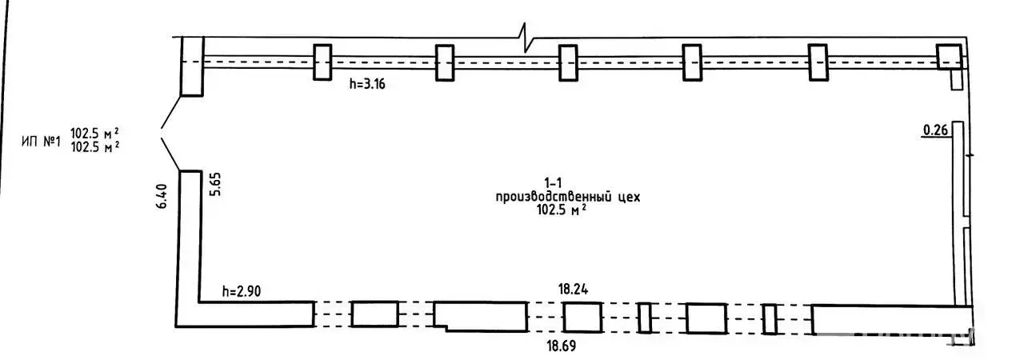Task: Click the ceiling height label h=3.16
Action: click(x=367, y=84)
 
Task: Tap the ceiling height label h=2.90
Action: click(x=242, y=291)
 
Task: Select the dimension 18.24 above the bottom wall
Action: click(x=573, y=289)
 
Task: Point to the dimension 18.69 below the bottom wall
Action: click(x=562, y=346)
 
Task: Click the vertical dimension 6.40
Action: click(x=162, y=197)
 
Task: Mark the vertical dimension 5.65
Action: click(x=214, y=184)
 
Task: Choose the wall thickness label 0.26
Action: click(x=935, y=130)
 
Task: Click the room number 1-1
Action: click(x=553, y=183)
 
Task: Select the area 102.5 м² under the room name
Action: click(x=562, y=210)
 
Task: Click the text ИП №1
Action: click(x=41, y=142)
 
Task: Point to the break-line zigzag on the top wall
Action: click(x=526, y=38)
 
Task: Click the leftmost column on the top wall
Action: click(x=322, y=62)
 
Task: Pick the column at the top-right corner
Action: click(x=949, y=57)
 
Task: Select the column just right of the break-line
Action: click(x=568, y=62)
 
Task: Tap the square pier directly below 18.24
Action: click(x=582, y=317)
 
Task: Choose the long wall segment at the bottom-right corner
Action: click(x=892, y=319)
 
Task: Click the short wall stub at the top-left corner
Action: click(x=192, y=66)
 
